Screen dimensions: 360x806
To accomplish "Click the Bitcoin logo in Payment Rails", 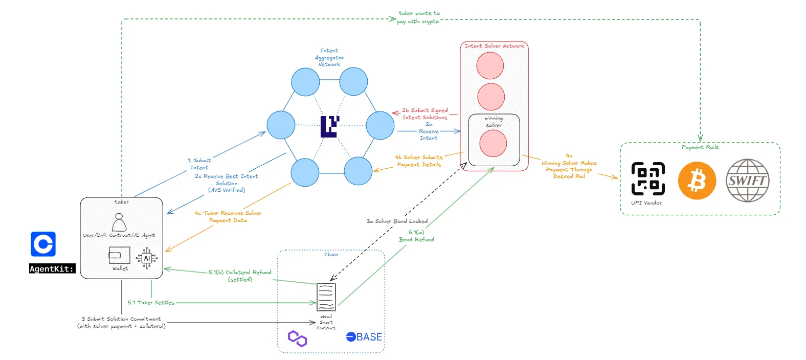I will (x=697, y=181).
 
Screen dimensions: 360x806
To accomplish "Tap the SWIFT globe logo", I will (x=747, y=181).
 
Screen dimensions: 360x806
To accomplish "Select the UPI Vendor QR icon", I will (x=648, y=178).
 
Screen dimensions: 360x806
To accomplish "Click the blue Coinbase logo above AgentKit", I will (x=43, y=244).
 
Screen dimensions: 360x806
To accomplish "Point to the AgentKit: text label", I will (x=52, y=269).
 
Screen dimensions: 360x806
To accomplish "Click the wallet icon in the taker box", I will (x=119, y=255).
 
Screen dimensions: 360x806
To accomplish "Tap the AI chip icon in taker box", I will (x=147, y=258).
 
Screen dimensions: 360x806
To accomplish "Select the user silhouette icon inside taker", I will (x=119, y=222).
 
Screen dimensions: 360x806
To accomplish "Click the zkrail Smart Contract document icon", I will (x=326, y=297).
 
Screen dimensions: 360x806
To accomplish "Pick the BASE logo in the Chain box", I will (x=364, y=337).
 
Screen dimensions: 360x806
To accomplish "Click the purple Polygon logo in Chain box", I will (x=297, y=339).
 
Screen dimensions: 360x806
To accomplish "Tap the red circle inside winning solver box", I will (x=493, y=143).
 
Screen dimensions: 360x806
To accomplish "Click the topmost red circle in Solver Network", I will (x=490, y=65).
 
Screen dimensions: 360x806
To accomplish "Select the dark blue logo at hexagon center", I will (x=329, y=126).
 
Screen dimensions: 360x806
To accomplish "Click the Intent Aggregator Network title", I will (x=329, y=57).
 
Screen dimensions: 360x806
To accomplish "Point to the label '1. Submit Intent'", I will (x=199, y=164).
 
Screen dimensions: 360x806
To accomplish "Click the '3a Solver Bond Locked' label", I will (x=397, y=221).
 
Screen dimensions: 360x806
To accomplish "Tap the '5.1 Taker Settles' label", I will (x=151, y=303).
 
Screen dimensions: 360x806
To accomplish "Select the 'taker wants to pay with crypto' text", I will (x=418, y=17).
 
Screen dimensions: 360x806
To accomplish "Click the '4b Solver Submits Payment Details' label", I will (x=419, y=161).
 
